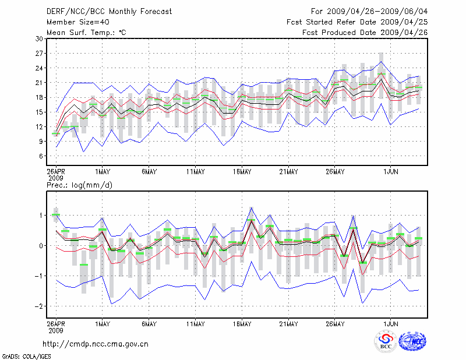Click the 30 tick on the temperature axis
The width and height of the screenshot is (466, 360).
coord(38,38)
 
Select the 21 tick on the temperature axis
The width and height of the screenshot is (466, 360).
coord(38,83)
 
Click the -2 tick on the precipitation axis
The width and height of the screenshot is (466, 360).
coord(38,306)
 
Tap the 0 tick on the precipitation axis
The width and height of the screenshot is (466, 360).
coord(40,245)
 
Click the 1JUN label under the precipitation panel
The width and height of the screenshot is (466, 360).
coord(390,323)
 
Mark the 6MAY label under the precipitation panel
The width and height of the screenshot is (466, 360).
coord(149,323)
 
